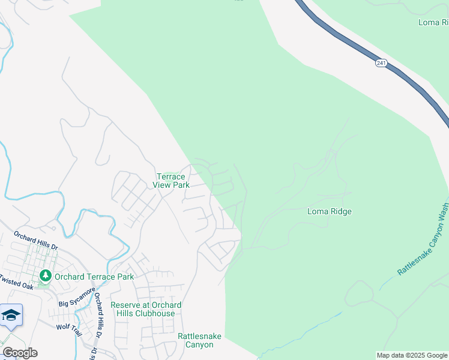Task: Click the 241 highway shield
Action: pos(381,63)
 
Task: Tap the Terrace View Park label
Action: pos(173,181)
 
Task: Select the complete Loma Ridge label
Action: pos(329,211)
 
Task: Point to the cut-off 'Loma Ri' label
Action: pos(433,22)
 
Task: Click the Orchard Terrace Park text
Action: pos(94,277)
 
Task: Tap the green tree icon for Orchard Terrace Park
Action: pos(45,276)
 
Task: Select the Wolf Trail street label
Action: pos(68,327)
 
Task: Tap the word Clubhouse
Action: pos(155,313)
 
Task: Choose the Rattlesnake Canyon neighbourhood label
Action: pos(195,340)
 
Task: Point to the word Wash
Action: pos(443,212)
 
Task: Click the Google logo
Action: pos(20,353)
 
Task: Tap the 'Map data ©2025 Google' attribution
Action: pos(412,355)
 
